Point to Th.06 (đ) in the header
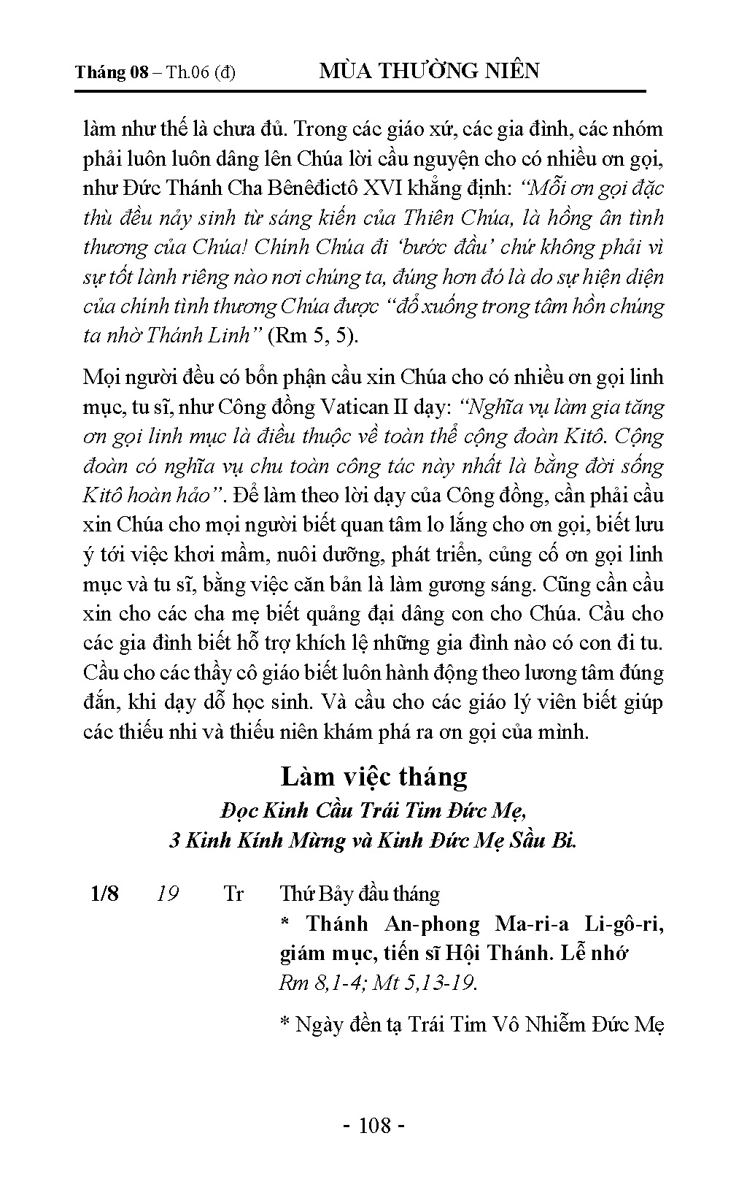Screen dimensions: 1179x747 tap(201, 73)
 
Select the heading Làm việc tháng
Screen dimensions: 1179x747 tap(373, 775)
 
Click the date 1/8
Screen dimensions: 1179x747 tap(104, 894)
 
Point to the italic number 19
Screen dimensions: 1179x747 tap(169, 894)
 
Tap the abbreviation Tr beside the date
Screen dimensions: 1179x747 tap(233, 894)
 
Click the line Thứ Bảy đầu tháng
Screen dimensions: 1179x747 tap(360, 894)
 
